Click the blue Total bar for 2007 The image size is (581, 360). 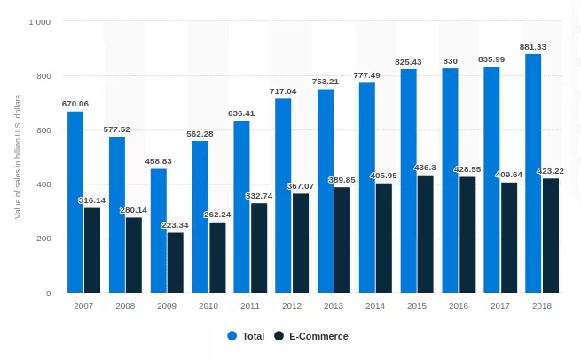75,202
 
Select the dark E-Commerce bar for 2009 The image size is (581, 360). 176,262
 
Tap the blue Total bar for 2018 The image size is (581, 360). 533,174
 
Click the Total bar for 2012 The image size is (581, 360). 283,196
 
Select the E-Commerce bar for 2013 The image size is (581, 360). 342,240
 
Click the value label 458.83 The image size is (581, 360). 158,161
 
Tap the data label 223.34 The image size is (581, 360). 176,225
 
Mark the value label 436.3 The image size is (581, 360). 426,168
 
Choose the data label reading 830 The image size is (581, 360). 450,60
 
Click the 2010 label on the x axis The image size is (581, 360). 208,305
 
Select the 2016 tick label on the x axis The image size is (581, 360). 459,305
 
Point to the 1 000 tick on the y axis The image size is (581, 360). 39,21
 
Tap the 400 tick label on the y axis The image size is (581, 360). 43,184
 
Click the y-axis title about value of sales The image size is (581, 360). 18,156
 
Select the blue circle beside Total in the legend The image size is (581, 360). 232,336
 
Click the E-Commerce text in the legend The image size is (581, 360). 318,336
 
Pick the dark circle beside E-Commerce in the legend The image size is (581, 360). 279,336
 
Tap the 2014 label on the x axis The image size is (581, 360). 375,305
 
